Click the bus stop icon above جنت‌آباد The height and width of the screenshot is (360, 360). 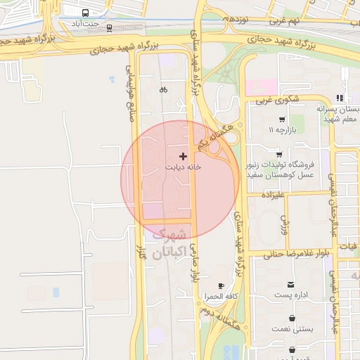(85, 13)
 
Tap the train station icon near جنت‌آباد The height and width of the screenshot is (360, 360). (109, 28)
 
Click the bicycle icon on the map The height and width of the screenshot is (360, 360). (163, 89)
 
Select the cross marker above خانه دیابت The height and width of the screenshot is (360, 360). (184, 155)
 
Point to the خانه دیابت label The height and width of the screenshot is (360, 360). (183, 167)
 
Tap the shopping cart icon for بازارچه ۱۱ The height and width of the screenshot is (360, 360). (282, 120)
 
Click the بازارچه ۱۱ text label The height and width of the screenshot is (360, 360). (282, 131)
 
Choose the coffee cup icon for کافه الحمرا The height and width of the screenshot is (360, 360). (221, 285)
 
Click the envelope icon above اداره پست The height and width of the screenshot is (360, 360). (291, 284)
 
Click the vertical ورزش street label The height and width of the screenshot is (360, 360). (285, 224)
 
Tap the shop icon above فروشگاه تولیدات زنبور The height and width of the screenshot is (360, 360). (279, 154)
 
